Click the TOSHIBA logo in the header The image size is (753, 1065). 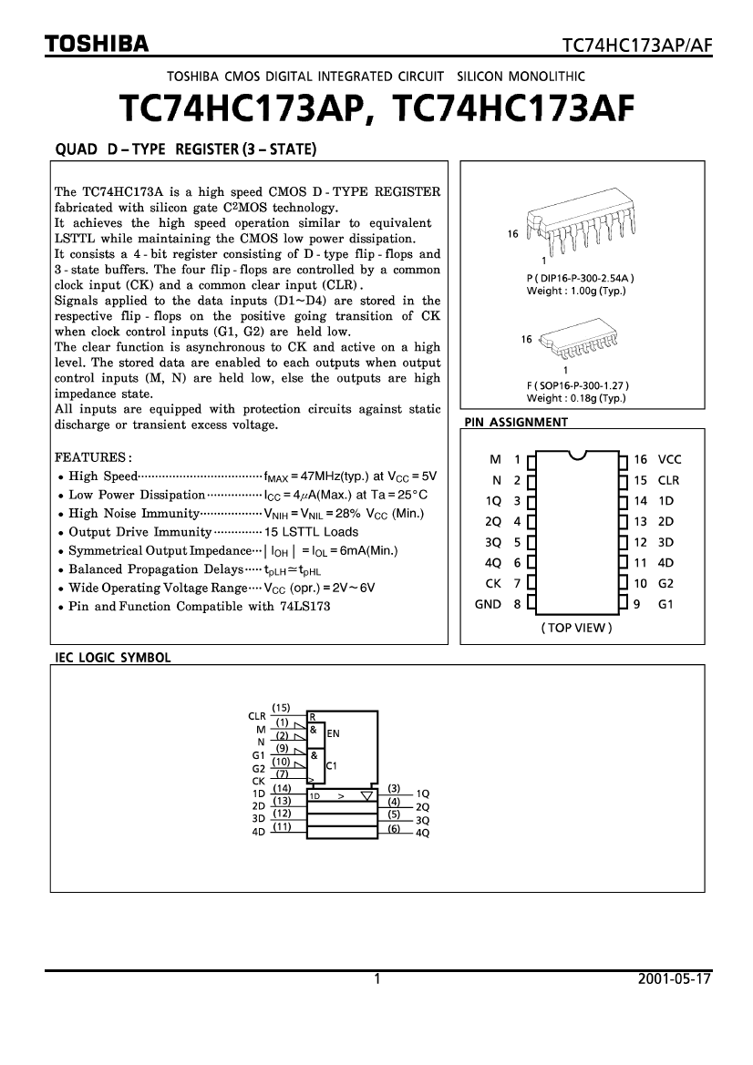(98, 44)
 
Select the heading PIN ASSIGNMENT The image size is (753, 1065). (516, 422)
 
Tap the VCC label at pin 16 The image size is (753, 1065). (669, 460)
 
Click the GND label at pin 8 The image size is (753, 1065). (489, 604)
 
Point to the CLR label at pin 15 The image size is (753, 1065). (669, 480)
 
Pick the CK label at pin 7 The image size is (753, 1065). (493, 584)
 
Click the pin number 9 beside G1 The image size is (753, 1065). (638, 604)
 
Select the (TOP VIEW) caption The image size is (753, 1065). (576, 628)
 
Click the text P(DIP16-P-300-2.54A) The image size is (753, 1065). (581, 278)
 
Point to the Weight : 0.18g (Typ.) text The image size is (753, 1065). (576, 398)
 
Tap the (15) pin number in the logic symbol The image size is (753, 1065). (282, 708)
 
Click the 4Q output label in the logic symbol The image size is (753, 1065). (422, 833)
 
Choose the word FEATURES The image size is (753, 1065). (94, 456)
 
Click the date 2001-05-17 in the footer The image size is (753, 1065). (675, 980)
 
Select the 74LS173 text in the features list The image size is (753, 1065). (305, 606)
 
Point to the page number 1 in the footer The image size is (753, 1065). (376, 980)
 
